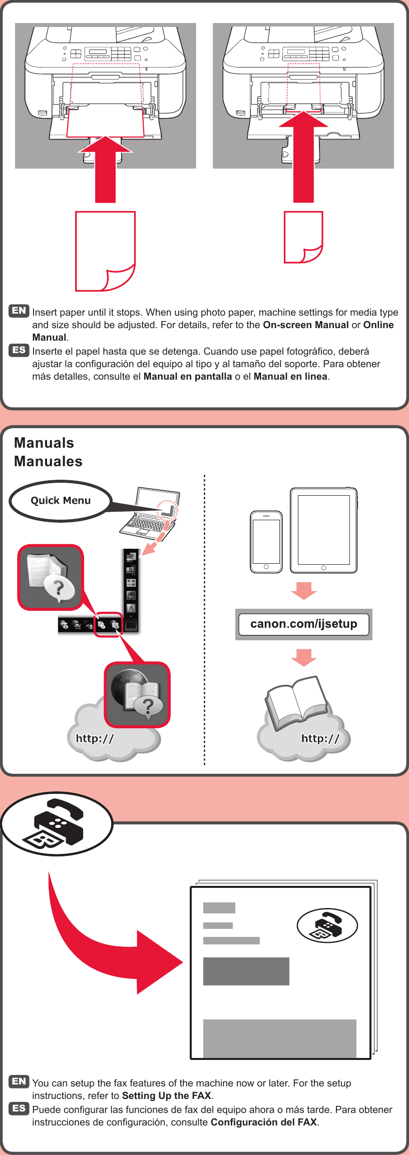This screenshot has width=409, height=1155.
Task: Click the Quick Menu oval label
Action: (x=60, y=501)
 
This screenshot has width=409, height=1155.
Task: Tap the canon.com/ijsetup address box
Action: (x=303, y=624)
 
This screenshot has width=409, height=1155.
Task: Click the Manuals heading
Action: (x=44, y=443)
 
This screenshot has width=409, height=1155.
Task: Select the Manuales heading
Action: (x=48, y=461)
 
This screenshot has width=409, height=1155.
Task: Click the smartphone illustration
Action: (x=266, y=542)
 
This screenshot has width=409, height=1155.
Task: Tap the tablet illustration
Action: (x=323, y=530)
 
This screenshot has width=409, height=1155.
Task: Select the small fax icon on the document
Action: (x=327, y=925)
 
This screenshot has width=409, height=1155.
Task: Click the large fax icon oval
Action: (x=57, y=823)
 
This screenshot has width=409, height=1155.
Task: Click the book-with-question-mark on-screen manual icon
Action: (x=51, y=577)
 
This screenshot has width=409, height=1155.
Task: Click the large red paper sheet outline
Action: (x=105, y=250)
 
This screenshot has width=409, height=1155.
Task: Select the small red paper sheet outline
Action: (x=303, y=237)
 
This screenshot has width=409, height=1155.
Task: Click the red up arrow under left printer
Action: (x=105, y=170)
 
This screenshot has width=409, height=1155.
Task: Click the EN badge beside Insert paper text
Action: (x=19, y=311)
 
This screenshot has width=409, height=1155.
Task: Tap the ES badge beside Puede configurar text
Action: (x=19, y=1108)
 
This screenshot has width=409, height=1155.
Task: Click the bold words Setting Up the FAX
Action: (x=166, y=1095)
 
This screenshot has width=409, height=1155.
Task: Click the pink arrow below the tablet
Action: (x=303, y=590)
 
